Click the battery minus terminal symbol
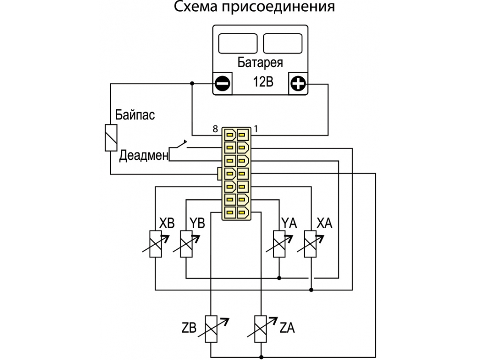coord(223,83)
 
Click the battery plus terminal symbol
coord(298,83)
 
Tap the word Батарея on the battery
coord(260,62)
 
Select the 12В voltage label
coord(263,82)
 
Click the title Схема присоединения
coord(255,7)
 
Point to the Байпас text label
coord(135,115)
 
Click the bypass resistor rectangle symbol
coord(111,138)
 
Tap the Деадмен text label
coord(144,155)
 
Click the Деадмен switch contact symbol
coord(178,146)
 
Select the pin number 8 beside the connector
coord(216,129)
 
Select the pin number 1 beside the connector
coord(256,129)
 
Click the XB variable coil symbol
coord(156,244)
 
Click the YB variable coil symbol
coord(186,244)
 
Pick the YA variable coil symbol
coord(279,244)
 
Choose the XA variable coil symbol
coord(310,244)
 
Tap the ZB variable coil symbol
coord(211,329)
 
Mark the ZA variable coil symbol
coord(261,329)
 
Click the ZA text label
coord(287,328)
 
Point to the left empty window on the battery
coord(238,44)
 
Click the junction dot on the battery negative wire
coord(192,83)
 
